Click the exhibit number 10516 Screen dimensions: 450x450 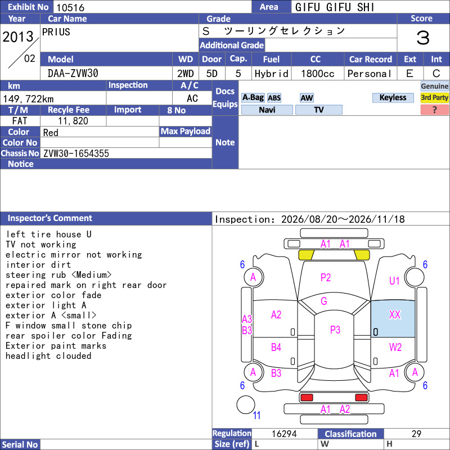[70, 7]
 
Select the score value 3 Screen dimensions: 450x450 [423, 38]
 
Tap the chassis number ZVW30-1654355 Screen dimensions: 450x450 [76, 154]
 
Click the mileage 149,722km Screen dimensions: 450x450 [28, 99]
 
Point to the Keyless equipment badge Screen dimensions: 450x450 [393, 97]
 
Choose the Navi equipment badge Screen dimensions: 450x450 [267, 110]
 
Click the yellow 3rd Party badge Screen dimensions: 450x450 [434, 97]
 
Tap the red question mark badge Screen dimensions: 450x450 [434, 110]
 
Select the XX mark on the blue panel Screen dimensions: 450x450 [395, 314]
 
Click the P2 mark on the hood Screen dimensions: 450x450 [326, 277]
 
